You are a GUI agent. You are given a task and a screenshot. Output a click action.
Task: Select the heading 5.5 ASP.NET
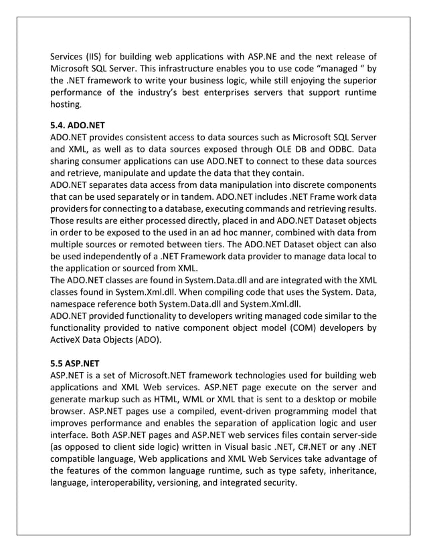(75, 364)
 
